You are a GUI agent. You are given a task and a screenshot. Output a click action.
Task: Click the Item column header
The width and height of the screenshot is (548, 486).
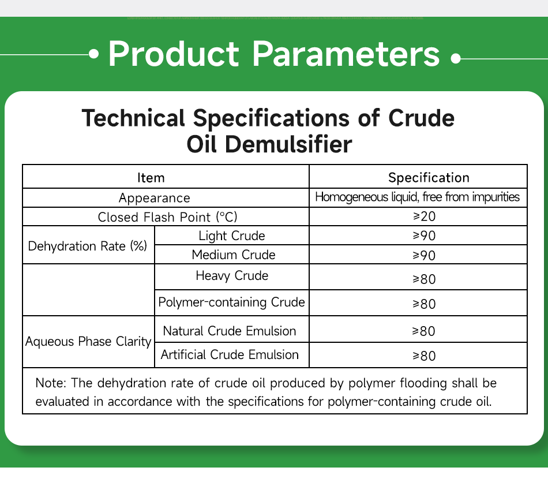tap(151, 178)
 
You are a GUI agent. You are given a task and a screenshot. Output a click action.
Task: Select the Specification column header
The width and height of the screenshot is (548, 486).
tap(429, 178)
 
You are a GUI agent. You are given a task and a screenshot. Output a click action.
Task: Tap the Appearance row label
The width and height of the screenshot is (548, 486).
tap(154, 198)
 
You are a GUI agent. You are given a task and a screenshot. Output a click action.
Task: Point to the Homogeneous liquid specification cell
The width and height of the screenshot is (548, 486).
tap(418, 197)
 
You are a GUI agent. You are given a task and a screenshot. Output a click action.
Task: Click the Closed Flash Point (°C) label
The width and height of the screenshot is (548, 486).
tap(167, 217)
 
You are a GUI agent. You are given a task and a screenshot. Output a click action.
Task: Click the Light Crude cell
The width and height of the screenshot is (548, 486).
tap(232, 235)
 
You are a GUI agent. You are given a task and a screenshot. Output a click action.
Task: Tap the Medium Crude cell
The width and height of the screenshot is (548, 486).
tap(234, 255)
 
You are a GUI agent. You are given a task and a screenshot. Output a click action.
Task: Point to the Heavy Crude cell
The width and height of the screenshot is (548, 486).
tap(232, 276)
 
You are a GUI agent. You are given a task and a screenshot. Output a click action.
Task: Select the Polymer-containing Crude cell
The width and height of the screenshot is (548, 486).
tap(231, 302)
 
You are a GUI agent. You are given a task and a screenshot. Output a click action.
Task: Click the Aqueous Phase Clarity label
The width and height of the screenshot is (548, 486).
tap(88, 341)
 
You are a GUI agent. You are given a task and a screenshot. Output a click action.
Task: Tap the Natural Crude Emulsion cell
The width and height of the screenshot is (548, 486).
tap(230, 331)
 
